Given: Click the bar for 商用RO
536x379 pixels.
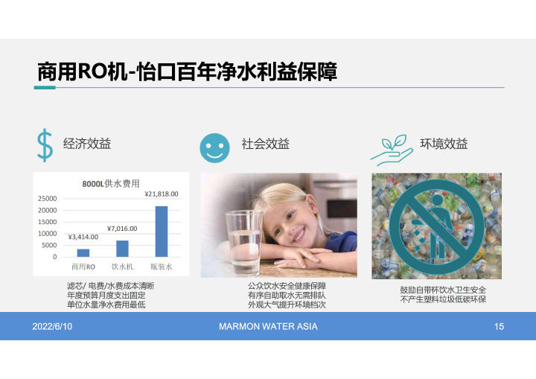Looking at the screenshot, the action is (x=83, y=252).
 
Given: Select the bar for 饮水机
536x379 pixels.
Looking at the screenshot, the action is (x=122, y=249).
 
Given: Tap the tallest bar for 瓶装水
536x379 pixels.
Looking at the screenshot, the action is (x=162, y=232).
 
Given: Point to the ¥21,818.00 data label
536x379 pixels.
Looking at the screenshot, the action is (x=162, y=194).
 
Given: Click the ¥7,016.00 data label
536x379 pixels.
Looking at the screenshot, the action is (x=122, y=229).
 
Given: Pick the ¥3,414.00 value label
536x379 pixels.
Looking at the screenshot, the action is (x=83, y=237).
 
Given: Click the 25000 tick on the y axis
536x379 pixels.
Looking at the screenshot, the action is (x=48, y=198).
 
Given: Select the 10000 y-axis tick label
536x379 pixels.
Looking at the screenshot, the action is (x=48, y=234).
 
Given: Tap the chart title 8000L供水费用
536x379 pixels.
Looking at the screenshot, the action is (x=111, y=184).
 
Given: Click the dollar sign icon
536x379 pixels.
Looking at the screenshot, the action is (x=45, y=145).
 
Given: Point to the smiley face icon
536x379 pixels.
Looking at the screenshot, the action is (x=214, y=147).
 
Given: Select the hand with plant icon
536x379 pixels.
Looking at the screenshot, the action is (x=392, y=150).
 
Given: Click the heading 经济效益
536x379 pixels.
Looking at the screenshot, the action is (x=87, y=144).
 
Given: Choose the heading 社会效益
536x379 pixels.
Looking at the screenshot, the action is (x=266, y=144).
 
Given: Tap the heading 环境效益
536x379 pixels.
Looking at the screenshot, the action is (x=444, y=144).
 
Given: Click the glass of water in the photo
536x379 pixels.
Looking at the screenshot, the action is (x=244, y=242).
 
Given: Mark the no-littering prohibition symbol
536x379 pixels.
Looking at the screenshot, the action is (x=436, y=226).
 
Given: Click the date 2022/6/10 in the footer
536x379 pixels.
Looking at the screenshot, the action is (x=52, y=326).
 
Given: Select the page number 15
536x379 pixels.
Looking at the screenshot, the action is (x=499, y=326).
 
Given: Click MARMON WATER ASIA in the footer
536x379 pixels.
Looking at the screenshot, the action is (x=268, y=326).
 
